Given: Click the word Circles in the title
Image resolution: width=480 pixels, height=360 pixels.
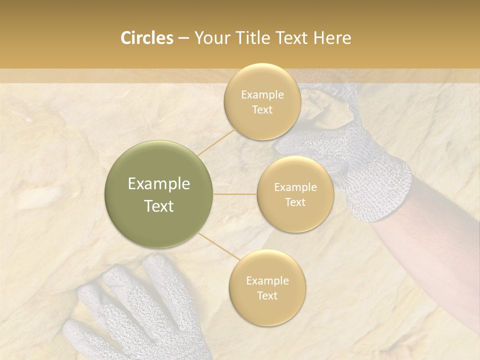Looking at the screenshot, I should point(146,38).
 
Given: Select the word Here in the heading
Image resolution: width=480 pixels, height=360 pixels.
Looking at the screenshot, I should point(332,38).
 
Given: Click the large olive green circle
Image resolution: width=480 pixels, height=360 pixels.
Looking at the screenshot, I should point(159,194).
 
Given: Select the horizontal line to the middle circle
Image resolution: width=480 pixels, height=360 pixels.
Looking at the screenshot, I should point(235,194).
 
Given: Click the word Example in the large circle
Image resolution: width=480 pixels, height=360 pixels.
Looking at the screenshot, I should point(159,184).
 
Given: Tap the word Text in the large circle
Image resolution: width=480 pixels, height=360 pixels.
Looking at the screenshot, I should point(159,206).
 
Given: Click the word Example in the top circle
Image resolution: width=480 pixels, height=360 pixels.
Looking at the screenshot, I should point(262,95).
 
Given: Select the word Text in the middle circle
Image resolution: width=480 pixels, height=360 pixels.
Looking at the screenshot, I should point(295,202).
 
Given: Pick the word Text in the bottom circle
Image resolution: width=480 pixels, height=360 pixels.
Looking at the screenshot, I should point(267,295).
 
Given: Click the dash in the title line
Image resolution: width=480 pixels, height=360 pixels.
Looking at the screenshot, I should point(183,38).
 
